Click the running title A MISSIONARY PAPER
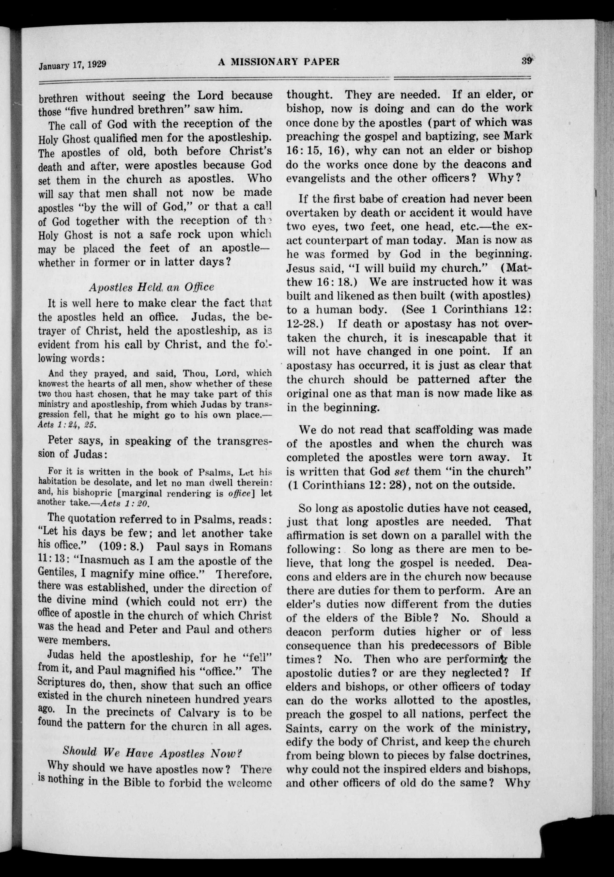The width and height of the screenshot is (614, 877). click(279, 61)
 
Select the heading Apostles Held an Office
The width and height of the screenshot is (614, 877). click(151, 287)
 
